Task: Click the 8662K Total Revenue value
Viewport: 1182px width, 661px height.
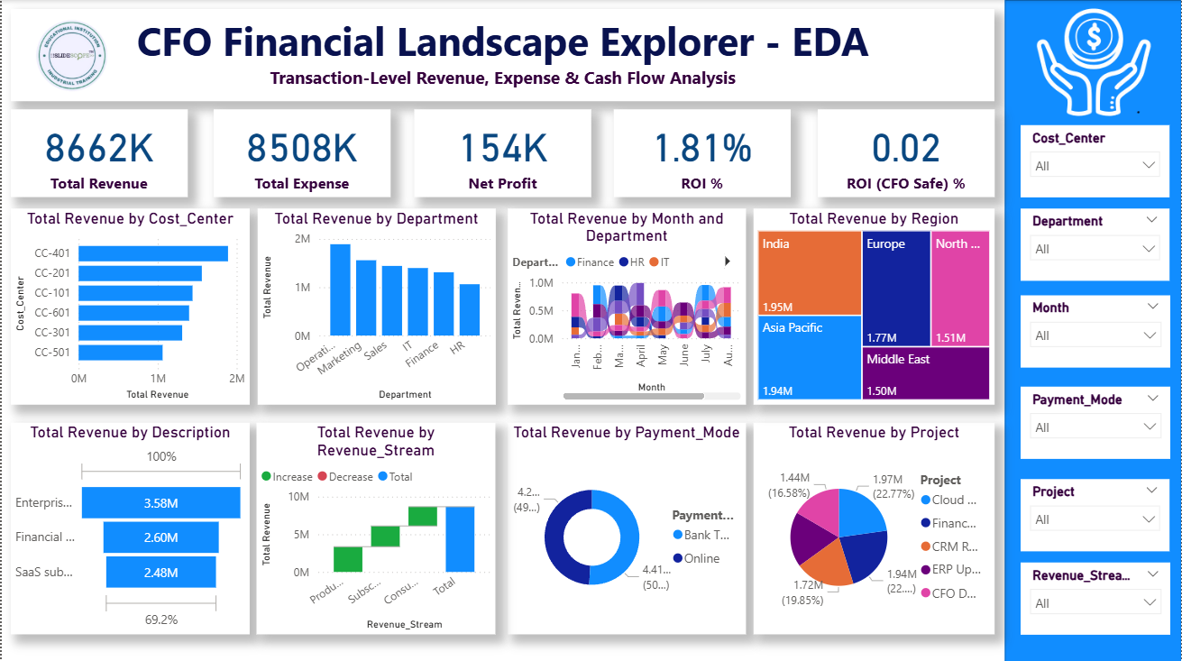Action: [x=99, y=149]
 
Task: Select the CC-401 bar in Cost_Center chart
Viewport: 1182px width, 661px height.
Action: [x=153, y=253]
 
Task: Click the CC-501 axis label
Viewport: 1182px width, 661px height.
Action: [x=52, y=352]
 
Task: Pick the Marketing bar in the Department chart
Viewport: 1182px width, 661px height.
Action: [x=365, y=298]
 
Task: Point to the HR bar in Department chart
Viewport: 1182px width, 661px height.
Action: [x=470, y=309]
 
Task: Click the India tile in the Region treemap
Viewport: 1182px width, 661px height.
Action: [x=810, y=271]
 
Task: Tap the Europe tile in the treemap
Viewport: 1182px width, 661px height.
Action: [x=896, y=289]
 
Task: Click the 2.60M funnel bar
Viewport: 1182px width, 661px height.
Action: [x=160, y=537]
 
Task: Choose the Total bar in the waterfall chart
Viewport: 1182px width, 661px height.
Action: [x=459, y=538]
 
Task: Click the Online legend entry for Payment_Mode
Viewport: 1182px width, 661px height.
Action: [x=701, y=558]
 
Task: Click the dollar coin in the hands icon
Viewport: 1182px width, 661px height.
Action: [x=1093, y=37]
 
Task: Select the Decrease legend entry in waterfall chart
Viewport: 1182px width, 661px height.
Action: [x=350, y=476]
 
